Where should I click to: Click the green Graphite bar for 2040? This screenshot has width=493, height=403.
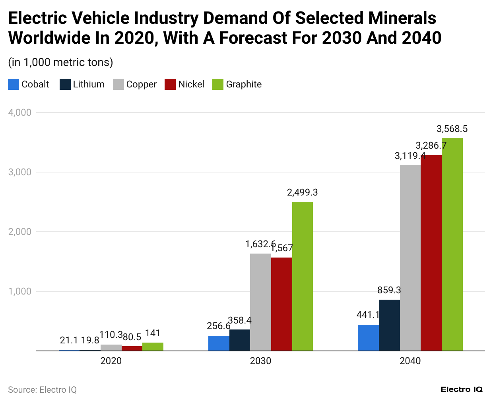(452, 244)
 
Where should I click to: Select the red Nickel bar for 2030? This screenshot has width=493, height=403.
(281, 304)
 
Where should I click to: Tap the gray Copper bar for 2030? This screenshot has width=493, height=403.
(260, 302)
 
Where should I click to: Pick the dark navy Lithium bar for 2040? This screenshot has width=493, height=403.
(389, 325)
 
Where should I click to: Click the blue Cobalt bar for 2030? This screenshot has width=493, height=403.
(219, 343)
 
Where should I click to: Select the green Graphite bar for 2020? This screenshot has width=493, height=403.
(153, 347)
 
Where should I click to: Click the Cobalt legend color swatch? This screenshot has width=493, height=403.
(14, 84)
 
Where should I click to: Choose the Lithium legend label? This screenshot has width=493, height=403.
(89, 84)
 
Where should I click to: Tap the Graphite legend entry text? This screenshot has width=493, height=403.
(244, 84)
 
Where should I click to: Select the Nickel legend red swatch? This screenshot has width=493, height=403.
(170, 84)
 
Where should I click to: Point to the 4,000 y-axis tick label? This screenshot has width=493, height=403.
(20, 112)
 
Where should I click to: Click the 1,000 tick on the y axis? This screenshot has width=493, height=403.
(20, 291)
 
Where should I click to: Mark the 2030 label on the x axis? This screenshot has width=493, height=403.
(260, 361)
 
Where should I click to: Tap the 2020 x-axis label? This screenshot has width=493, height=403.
(111, 361)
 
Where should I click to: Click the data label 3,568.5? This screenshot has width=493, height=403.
(452, 129)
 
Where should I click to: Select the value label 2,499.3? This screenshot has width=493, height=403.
(302, 192)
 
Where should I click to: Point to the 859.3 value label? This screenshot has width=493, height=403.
(389, 290)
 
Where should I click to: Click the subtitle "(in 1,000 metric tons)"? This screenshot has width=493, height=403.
(60, 62)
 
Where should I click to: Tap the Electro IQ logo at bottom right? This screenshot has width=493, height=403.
(461, 389)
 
